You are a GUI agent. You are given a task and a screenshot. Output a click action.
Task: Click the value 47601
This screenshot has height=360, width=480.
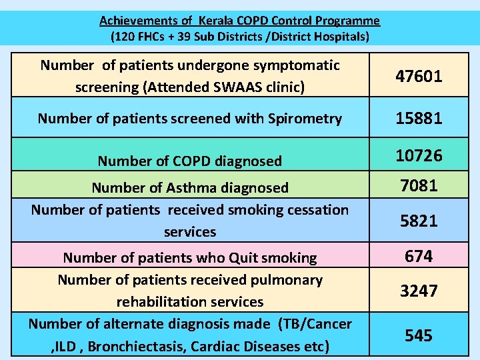(x=419, y=77)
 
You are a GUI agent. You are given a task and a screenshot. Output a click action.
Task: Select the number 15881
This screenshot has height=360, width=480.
(x=419, y=119)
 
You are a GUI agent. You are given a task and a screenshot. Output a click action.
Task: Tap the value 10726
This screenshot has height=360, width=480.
(x=419, y=156)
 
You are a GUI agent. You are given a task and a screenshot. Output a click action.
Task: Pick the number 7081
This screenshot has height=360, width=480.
(x=419, y=185)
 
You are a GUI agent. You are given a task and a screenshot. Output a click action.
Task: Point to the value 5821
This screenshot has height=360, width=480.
(x=419, y=221)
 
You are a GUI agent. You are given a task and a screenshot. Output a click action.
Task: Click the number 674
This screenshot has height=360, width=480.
(x=419, y=256)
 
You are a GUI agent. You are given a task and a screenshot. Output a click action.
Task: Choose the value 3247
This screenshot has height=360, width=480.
(x=419, y=291)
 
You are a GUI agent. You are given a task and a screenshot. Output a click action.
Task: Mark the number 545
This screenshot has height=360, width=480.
(x=419, y=335)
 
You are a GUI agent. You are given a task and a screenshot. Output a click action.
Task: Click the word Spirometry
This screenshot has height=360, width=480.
(x=304, y=119)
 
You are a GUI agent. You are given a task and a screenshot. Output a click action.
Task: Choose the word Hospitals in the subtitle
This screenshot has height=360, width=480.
(x=340, y=36)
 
